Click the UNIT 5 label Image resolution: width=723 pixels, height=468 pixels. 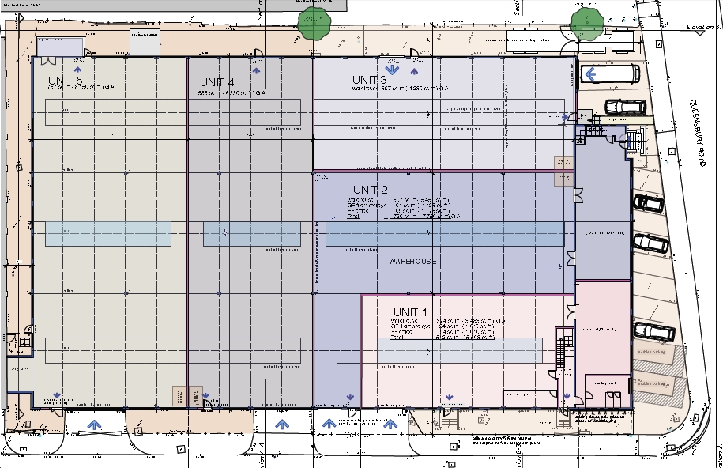(x=65, y=81)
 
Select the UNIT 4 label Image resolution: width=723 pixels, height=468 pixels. (x=217, y=82)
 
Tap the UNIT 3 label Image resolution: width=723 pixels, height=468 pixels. (x=370, y=80)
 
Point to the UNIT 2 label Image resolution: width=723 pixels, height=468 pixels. (x=370, y=190)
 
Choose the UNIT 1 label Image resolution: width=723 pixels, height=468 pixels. (x=410, y=311)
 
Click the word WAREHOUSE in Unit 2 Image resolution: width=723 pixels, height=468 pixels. (x=412, y=261)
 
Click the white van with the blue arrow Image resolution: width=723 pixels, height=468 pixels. (x=610, y=74)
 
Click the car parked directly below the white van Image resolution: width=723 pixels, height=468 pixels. (x=625, y=107)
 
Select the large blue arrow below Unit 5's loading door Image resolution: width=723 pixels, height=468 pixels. (x=95, y=425)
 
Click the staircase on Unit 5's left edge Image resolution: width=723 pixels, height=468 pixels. (x=24, y=342)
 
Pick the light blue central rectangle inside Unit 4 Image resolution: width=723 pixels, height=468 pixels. (x=251, y=233)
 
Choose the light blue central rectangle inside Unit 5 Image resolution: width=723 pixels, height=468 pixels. (x=108, y=233)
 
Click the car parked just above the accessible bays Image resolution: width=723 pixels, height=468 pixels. (x=654, y=330)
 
